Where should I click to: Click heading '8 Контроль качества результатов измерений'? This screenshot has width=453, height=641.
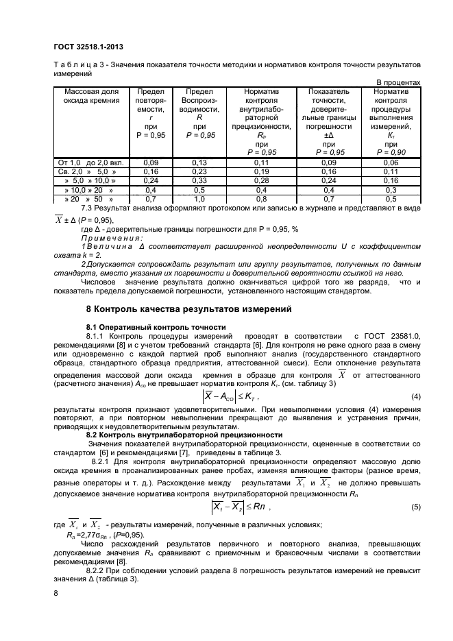tap(188, 309)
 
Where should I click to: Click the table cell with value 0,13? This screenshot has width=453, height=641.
tap(199, 162)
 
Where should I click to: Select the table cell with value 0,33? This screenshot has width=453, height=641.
tap(199, 180)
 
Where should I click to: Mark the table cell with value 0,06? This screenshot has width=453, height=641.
tap(391, 162)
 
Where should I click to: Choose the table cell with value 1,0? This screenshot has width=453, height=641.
tap(199, 198)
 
